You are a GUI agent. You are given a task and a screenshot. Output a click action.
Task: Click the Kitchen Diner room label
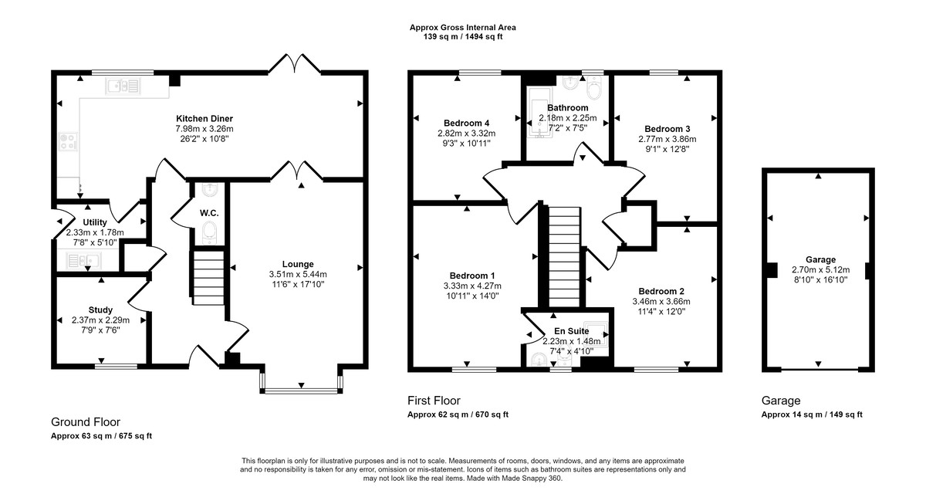pyautogui.click(x=204, y=119)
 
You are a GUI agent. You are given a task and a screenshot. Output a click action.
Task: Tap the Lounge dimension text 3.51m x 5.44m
pyautogui.click(x=298, y=274)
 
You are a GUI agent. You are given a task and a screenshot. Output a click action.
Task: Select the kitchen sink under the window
pyautogui.click(x=123, y=86)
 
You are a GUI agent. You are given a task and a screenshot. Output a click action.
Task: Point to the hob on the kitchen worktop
pyautogui.click(x=68, y=140)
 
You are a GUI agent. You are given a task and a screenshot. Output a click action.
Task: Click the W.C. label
pyautogui.click(x=209, y=213)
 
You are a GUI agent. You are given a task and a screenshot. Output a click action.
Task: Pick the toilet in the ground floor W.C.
pyautogui.click(x=209, y=232)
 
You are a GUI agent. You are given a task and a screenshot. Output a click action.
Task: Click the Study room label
pyautogui.click(x=100, y=310)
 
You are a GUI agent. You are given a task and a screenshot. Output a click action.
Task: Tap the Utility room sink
pyautogui.click(x=84, y=261)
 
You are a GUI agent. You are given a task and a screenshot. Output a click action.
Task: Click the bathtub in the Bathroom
pyautogui.click(x=540, y=112)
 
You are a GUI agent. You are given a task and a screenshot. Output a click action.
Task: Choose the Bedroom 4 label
pyautogui.click(x=466, y=123)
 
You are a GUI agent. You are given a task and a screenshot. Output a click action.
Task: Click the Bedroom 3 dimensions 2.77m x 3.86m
pyautogui.click(x=667, y=139)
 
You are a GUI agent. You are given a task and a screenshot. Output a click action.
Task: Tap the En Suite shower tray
pyautogui.click(x=596, y=333)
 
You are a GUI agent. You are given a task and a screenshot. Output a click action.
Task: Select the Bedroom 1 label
pyautogui.click(x=472, y=276)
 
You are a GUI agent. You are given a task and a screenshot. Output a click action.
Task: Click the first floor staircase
pyautogui.click(x=564, y=256)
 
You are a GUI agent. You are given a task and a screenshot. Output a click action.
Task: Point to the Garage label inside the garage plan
pyautogui.click(x=820, y=259)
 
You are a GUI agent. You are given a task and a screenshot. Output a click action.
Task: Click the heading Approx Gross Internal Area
pyautogui.click(x=462, y=28)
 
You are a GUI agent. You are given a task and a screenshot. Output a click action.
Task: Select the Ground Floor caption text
pyautogui.click(x=86, y=422)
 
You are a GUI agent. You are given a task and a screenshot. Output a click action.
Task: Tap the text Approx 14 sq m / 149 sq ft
pyautogui.click(x=812, y=414)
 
